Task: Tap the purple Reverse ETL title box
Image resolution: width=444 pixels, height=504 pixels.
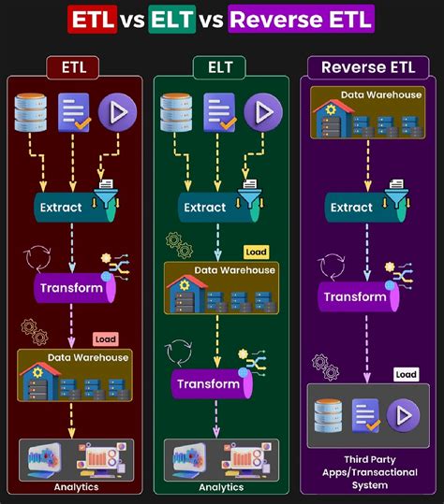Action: (300, 18)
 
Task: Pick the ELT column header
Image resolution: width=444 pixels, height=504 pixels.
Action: (221, 67)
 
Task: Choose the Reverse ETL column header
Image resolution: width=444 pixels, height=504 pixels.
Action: (368, 67)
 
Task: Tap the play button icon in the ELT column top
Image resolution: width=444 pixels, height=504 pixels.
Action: (263, 112)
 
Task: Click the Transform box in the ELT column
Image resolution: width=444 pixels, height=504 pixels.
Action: (209, 384)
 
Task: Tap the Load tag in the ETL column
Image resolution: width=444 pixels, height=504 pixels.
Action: (105, 339)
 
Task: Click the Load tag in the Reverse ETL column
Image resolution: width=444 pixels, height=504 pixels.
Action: (406, 374)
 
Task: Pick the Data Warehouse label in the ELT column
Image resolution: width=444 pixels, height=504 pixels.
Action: (235, 270)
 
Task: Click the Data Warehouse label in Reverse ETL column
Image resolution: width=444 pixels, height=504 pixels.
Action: (381, 95)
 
